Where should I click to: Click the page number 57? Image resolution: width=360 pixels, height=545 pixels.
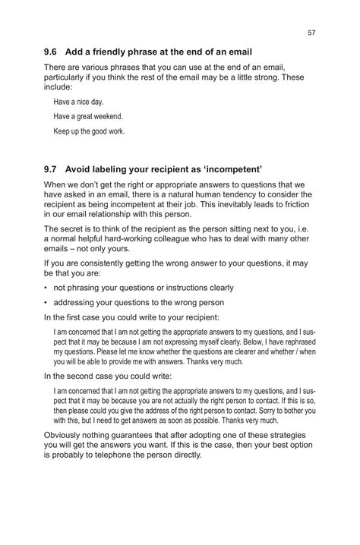[x=311, y=33]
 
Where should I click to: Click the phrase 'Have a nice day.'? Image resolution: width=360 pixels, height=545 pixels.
[x=78, y=101]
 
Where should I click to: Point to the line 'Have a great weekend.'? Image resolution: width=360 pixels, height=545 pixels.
[x=88, y=116]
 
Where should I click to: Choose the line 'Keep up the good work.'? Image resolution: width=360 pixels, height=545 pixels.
[x=89, y=131]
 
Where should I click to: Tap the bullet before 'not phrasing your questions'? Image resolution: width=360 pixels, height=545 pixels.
[x=46, y=288]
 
